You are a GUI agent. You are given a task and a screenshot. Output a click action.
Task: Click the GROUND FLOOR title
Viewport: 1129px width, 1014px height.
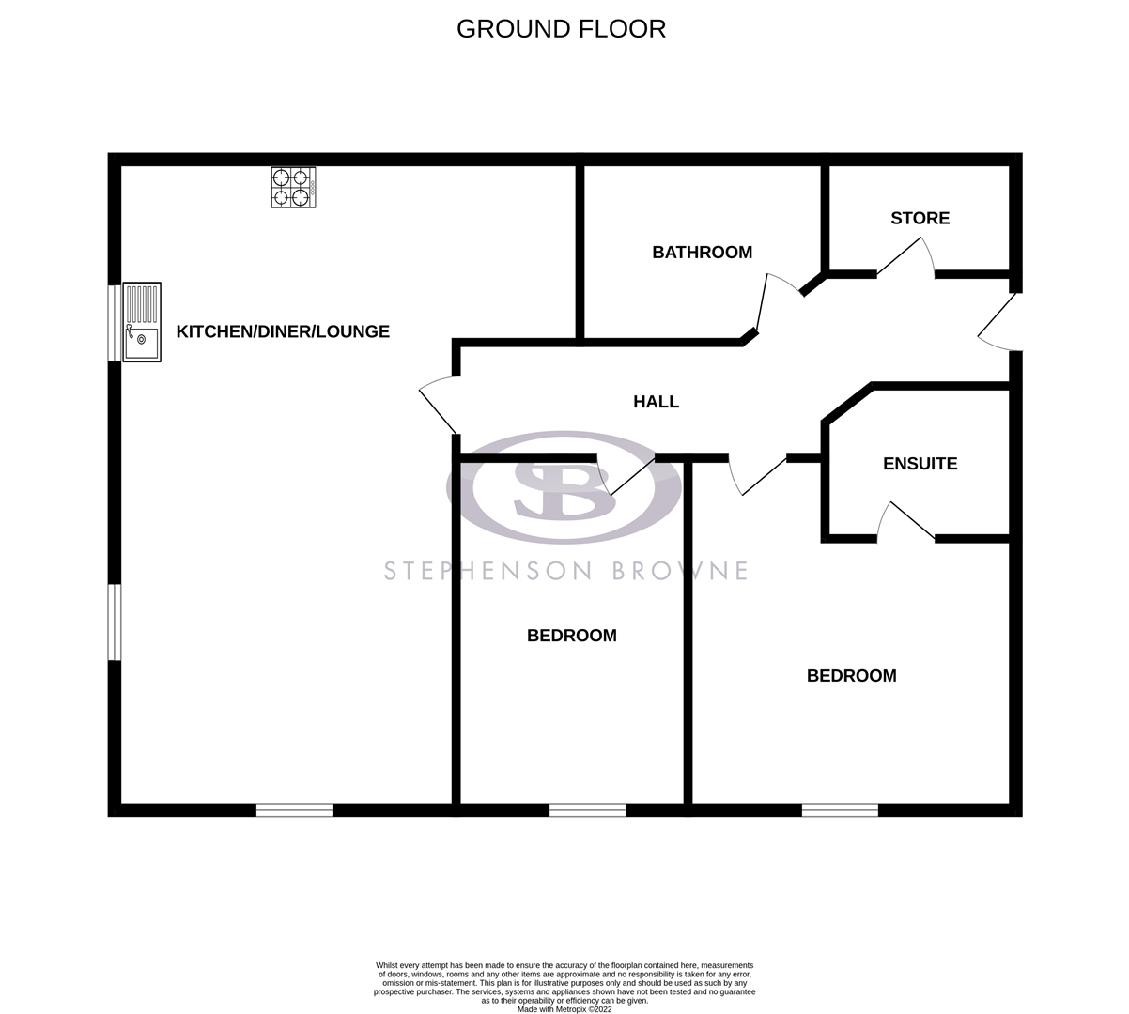coord(561,29)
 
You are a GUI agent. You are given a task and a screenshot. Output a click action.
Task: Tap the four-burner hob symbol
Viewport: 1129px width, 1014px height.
coord(293,187)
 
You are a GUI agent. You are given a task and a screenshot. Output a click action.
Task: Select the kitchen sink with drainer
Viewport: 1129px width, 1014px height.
coord(142,322)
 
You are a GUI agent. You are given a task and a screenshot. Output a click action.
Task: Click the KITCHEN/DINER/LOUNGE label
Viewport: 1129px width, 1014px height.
coord(283,331)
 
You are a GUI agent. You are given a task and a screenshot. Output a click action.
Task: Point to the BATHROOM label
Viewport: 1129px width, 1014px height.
coord(702,253)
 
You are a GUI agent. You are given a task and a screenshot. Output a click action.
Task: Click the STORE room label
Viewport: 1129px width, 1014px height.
coord(920,219)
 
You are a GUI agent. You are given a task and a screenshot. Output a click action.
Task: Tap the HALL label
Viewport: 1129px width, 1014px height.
coord(656,402)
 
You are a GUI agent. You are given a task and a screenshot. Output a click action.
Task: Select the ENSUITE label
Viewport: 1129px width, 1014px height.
coord(920,464)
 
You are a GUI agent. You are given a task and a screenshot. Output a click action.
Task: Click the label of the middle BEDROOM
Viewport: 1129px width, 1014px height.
coord(571,636)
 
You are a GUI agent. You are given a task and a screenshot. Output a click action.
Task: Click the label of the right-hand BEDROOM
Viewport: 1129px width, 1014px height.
coord(851,676)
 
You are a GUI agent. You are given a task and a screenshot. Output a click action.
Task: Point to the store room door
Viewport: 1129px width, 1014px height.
coord(905,257)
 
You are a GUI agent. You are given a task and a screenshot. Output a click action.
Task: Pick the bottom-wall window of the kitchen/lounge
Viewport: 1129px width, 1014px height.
coord(294,809)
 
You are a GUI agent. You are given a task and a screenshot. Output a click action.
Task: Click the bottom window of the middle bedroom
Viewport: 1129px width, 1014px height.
coord(587,809)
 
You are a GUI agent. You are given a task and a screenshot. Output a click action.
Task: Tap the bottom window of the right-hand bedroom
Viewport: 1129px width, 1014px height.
coord(840,809)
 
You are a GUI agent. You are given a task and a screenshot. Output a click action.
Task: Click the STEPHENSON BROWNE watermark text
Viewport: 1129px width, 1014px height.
coord(565,571)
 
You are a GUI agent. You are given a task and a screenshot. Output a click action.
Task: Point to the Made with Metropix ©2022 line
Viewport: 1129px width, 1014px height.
coord(564,1009)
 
